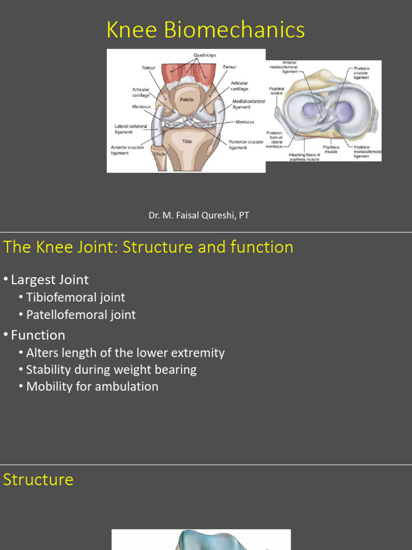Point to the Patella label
coord(187,99)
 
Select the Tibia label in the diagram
coord(186,141)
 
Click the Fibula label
coord(159,154)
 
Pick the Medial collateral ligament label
coord(248,104)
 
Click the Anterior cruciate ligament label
coord(127,150)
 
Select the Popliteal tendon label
coord(276,91)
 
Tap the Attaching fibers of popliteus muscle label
coord(304,157)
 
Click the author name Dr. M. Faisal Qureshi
coord(198,215)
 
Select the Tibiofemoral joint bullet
coord(76,297)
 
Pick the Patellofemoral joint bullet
coord(81,315)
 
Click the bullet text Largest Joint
coord(50,279)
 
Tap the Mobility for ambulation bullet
coord(92,386)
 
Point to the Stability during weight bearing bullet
coord(112,370)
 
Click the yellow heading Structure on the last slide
coord(38,479)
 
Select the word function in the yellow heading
coord(262,247)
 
